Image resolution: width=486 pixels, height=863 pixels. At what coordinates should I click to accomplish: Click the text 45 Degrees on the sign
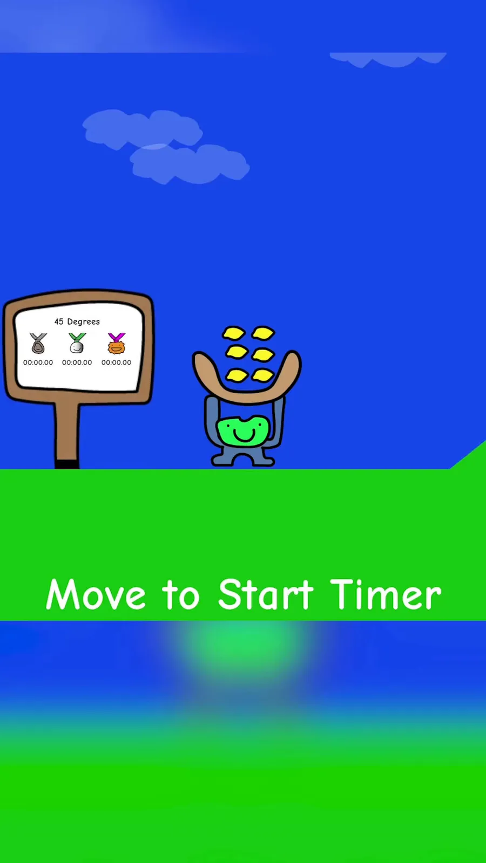click(x=77, y=321)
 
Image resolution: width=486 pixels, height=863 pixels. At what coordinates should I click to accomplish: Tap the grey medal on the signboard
click(x=38, y=343)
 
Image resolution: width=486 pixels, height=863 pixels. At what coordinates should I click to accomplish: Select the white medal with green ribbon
click(x=77, y=343)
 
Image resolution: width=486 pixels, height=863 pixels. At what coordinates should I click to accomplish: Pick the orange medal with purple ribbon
click(x=117, y=343)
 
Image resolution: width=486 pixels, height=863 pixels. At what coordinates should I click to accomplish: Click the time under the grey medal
click(x=38, y=362)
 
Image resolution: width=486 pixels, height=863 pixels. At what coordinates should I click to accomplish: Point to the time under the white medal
click(x=77, y=362)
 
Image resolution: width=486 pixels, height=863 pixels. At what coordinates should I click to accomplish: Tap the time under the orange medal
click(x=117, y=362)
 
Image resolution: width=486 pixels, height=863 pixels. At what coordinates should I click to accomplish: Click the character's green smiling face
click(x=243, y=430)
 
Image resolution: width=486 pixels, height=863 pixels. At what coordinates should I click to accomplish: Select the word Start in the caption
click(x=266, y=594)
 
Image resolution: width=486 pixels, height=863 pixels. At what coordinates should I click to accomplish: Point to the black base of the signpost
click(x=67, y=464)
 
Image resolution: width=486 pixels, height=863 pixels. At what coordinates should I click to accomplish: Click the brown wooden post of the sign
click(x=67, y=432)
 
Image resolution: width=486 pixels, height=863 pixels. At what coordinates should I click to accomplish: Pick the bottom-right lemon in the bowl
click(x=263, y=375)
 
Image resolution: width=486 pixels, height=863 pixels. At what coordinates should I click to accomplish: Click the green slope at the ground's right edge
click(x=468, y=455)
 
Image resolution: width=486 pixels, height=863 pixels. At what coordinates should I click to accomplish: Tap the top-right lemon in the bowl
click(x=263, y=333)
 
